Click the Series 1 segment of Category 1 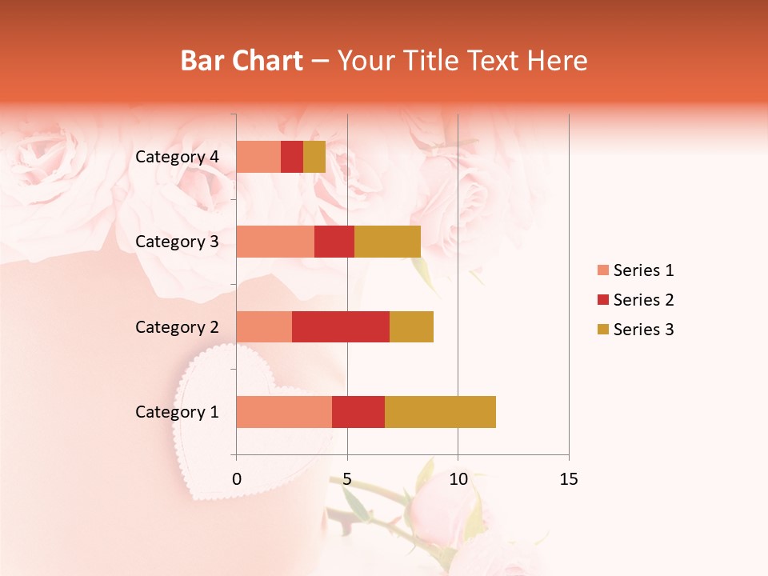tap(284, 412)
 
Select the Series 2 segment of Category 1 tap(358, 412)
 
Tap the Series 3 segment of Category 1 tap(440, 412)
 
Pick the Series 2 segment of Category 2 tap(341, 326)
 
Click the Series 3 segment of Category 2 tap(411, 326)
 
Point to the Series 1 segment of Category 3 tap(275, 242)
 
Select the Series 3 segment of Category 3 tap(387, 242)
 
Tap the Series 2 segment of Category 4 tap(292, 157)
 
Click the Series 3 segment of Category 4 tap(314, 157)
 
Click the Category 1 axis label tap(177, 412)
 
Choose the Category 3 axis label tap(177, 242)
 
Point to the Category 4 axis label tap(177, 157)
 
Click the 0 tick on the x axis tap(237, 479)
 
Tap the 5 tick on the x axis tap(347, 479)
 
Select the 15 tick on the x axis tap(568, 479)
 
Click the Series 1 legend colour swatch tap(602, 270)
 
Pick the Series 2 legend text tap(643, 300)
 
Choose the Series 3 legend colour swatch tap(602, 330)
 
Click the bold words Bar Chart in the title tap(242, 61)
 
